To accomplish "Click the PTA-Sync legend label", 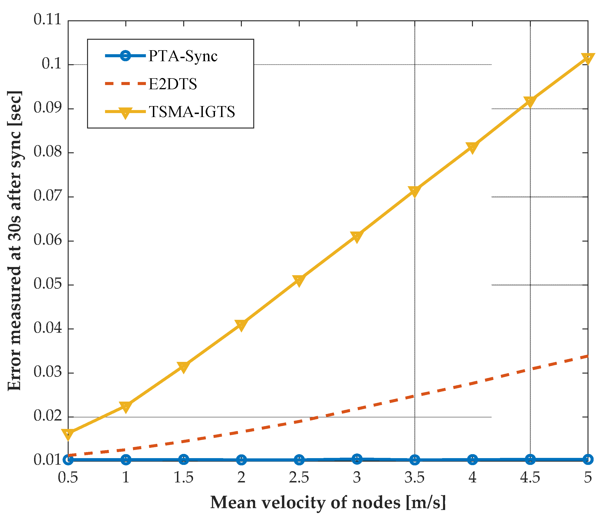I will (x=183, y=56).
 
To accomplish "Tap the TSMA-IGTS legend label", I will (x=192, y=112).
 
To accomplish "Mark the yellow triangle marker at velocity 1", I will (x=126, y=407).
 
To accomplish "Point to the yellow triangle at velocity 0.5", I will (x=68, y=435).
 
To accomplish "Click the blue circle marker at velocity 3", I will (x=357, y=459).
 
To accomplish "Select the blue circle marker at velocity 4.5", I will (x=530, y=460).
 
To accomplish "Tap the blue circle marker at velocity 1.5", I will (x=183, y=460).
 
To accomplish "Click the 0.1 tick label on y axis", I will (x=52, y=64).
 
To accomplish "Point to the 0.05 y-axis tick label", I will (x=48, y=284).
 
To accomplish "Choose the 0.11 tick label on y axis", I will (x=48, y=20).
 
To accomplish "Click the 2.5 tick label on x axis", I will (x=299, y=478).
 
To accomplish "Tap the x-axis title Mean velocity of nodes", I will (x=328, y=502).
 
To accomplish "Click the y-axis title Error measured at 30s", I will (x=14, y=241).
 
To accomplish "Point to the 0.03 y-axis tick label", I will (x=48, y=372).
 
